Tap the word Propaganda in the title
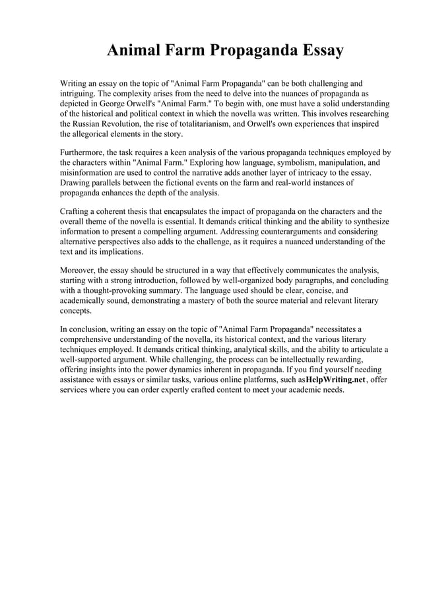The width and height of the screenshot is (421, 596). tap(232, 51)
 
